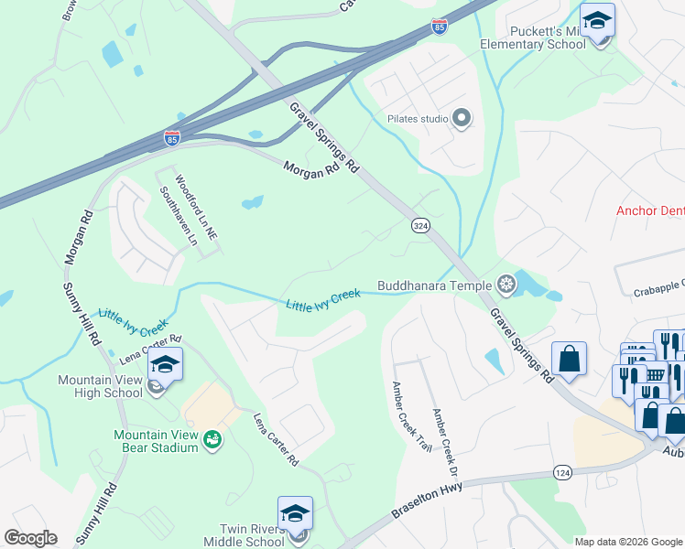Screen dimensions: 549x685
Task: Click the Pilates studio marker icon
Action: point(462,118)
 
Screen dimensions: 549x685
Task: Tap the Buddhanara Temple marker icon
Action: point(505,285)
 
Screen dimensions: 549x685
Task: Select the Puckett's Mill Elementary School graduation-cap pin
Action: point(597,21)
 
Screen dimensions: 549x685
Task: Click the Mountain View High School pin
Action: point(165,365)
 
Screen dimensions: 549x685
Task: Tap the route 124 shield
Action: point(561,471)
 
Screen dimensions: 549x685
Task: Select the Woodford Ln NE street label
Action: point(197,208)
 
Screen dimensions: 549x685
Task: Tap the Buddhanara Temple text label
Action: point(434,285)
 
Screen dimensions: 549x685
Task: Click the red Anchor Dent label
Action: point(649,210)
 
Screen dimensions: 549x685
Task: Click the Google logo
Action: point(30,537)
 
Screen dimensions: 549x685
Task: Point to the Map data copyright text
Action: point(628,542)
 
